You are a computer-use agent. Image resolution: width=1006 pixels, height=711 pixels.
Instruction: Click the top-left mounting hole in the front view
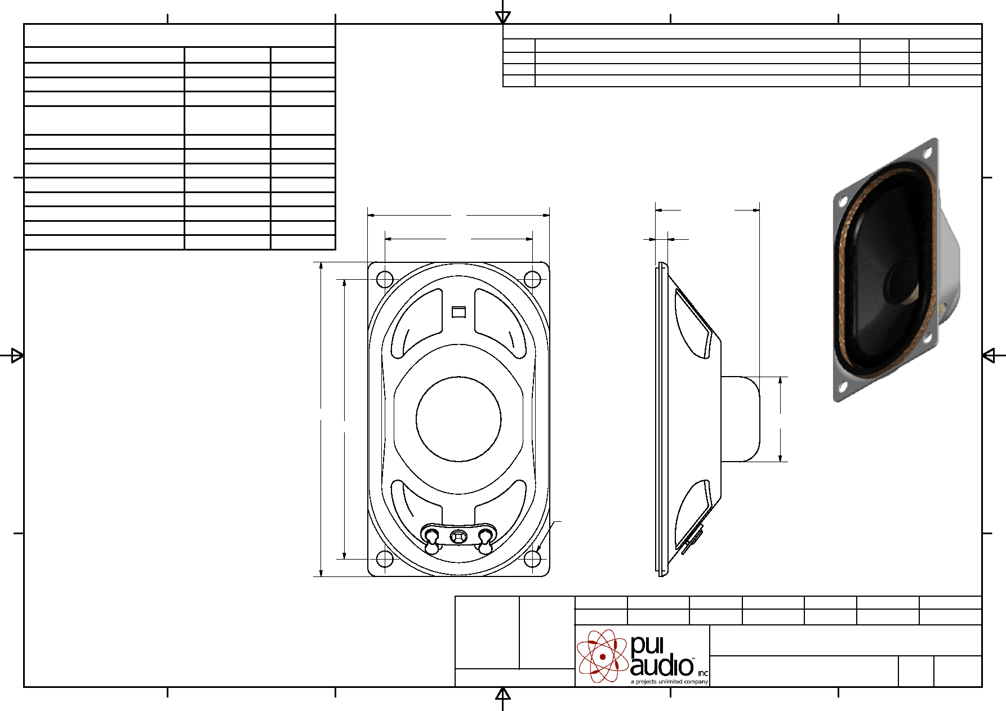pos(385,279)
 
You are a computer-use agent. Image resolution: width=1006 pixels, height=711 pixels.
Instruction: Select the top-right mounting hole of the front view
pos(532,279)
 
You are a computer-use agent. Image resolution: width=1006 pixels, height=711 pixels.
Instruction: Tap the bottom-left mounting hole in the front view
pos(385,559)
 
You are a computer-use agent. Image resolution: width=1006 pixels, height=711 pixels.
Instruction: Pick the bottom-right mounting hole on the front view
pos(532,559)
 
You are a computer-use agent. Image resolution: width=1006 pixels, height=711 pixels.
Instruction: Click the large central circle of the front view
pos(459,419)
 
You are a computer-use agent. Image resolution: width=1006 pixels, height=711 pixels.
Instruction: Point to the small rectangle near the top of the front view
pos(459,312)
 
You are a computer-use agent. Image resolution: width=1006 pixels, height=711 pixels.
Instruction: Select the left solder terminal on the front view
pos(432,540)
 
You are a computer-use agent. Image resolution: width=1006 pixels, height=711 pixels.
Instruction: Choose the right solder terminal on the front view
pos(485,540)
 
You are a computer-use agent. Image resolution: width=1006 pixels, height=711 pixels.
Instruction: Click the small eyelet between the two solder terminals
pos(459,536)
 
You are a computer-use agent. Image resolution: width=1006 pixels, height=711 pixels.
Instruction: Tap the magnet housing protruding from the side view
pos(741,419)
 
